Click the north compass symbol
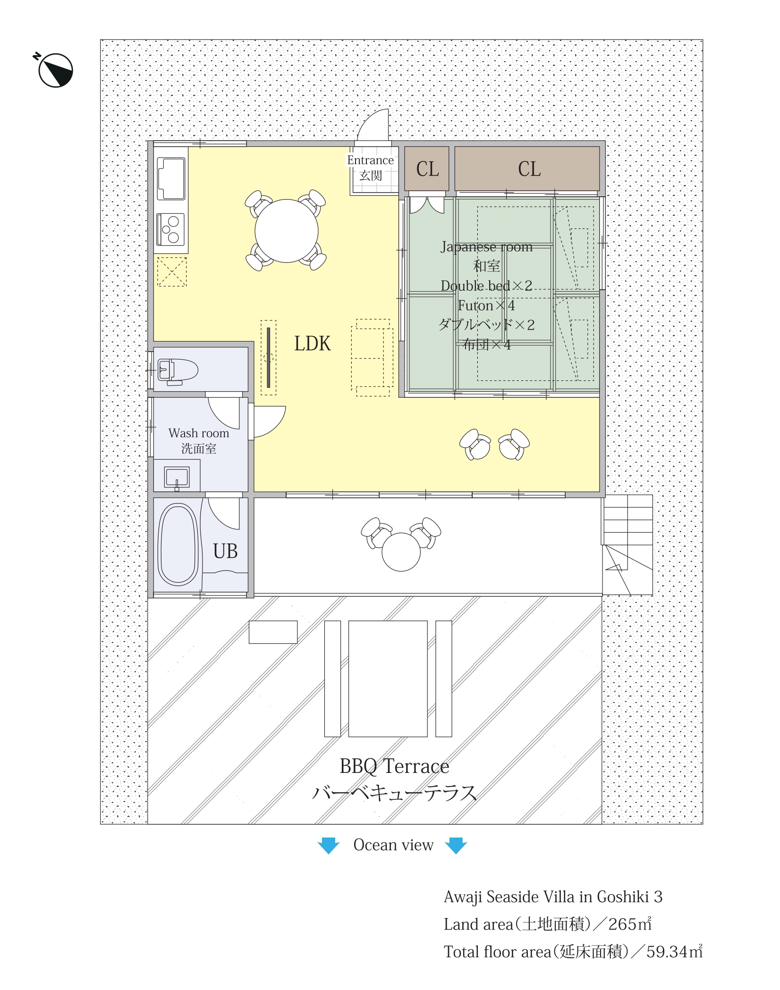(x=55, y=70)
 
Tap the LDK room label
(x=312, y=344)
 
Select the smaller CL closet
(x=427, y=168)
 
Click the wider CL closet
(x=527, y=168)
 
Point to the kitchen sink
(x=171, y=179)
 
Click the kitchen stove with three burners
(x=171, y=229)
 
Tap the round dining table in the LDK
(x=286, y=231)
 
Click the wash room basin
(x=177, y=478)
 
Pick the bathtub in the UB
(x=178, y=545)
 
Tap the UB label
(x=225, y=551)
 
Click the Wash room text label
(x=199, y=433)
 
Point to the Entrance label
(x=370, y=160)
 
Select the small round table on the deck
(x=401, y=552)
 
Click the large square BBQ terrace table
(x=388, y=679)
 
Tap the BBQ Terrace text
(x=394, y=766)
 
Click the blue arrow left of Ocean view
(x=329, y=846)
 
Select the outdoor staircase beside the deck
(x=628, y=545)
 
